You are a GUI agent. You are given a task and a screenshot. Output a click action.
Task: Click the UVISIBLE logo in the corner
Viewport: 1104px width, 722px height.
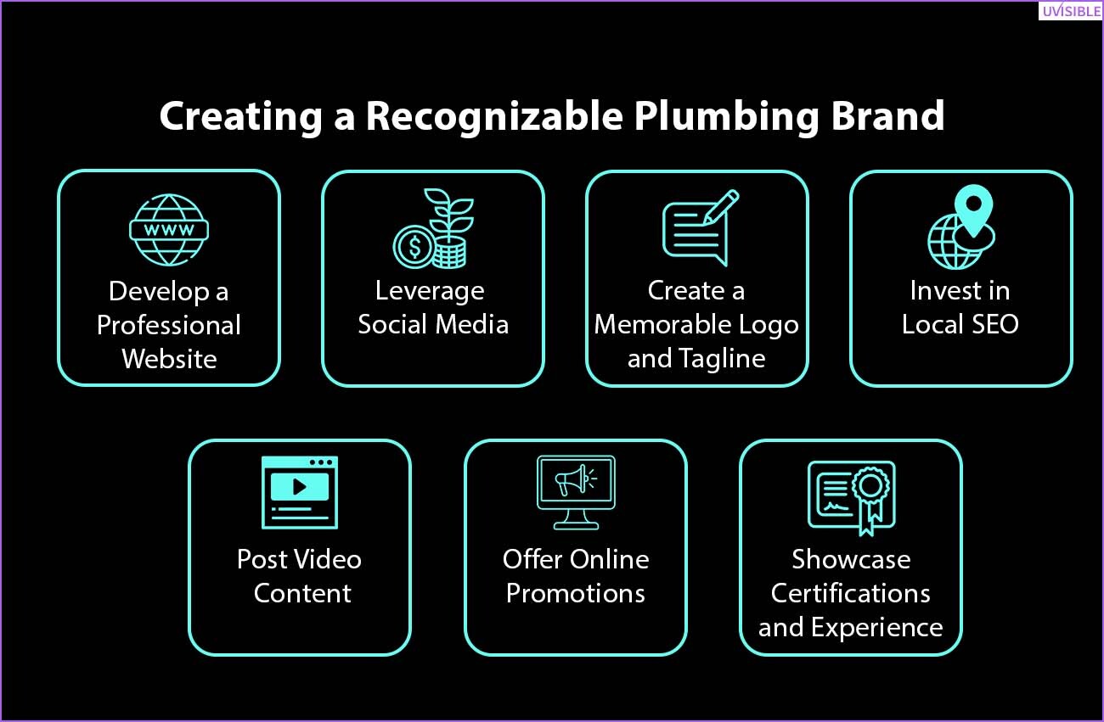(x=1071, y=10)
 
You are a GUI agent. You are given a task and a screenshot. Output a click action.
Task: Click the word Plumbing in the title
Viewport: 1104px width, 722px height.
(x=727, y=116)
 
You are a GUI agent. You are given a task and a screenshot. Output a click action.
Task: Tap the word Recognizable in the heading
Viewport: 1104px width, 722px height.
(x=494, y=116)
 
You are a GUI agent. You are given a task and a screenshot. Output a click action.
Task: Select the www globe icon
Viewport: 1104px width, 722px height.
(x=169, y=230)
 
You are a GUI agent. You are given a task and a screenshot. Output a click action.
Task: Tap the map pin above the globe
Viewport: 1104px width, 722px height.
(x=973, y=210)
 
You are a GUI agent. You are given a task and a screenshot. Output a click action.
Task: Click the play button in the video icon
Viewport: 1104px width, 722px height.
(x=300, y=487)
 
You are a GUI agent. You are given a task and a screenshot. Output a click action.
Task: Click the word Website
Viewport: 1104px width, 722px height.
(x=169, y=359)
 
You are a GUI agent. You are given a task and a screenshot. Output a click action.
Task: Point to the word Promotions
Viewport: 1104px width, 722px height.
(x=576, y=593)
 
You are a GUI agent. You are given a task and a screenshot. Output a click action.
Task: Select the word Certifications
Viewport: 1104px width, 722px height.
(x=851, y=593)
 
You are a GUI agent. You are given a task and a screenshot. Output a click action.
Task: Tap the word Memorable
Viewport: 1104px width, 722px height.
(x=654, y=325)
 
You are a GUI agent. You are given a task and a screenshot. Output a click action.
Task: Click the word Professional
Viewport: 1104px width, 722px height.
(x=168, y=325)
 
